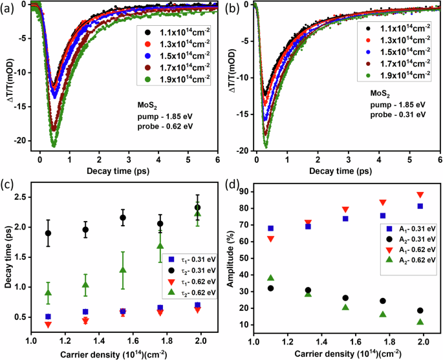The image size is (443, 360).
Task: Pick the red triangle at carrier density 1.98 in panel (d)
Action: point(420,195)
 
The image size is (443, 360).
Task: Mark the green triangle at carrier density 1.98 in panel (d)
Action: point(420,322)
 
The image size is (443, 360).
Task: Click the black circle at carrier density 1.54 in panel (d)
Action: point(345,298)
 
